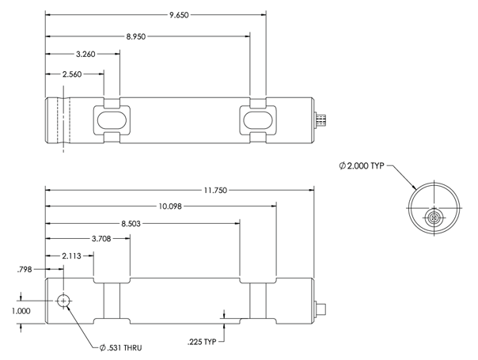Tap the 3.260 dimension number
(85, 55)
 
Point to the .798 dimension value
(24, 270)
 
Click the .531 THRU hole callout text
(119, 347)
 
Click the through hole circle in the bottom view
(63, 301)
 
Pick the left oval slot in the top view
(112, 120)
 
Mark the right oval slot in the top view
(259, 120)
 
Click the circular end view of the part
(434, 208)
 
